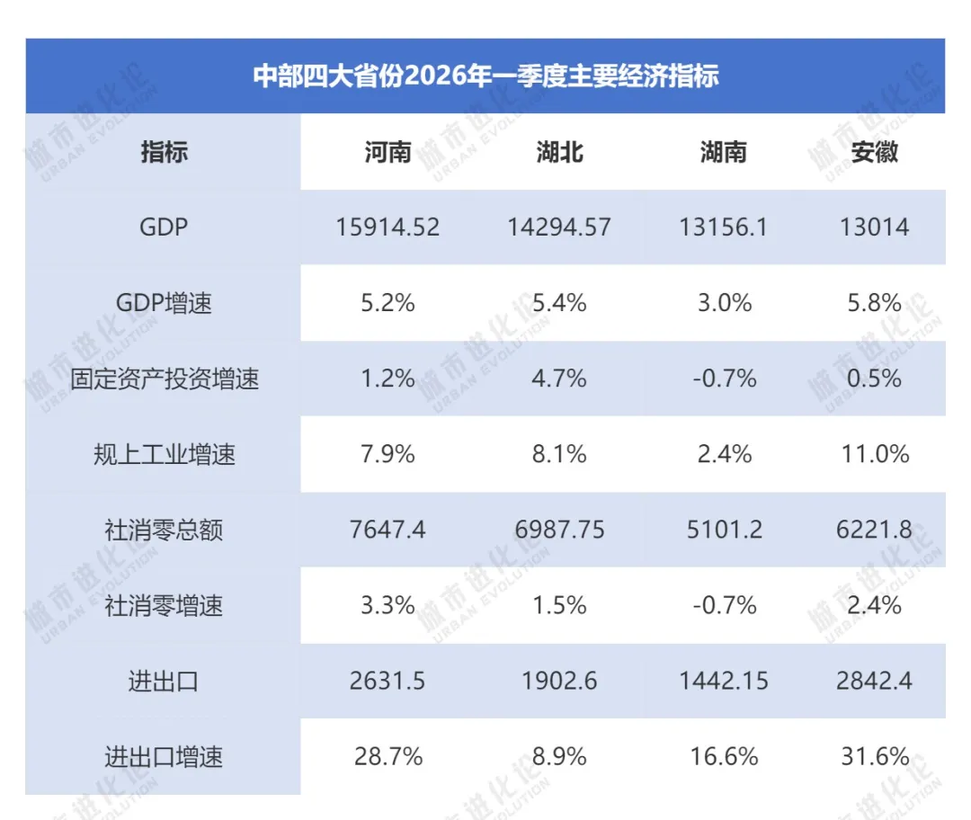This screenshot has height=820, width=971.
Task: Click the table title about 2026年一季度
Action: (x=485, y=76)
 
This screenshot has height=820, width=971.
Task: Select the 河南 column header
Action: (x=388, y=152)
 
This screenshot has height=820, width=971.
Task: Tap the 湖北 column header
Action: (x=559, y=152)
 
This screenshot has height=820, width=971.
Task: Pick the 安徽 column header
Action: (x=875, y=152)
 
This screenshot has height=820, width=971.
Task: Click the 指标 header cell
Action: (x=164, y=152)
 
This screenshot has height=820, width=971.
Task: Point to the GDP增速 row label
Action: (x=164, y=303)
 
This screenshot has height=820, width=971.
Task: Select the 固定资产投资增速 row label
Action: (x=164, y=379)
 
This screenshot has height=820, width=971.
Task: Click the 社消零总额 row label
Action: (x=164, y=530)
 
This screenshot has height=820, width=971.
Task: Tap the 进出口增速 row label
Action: (x=164, y=757)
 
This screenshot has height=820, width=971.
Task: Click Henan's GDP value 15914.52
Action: (x=388, y=227)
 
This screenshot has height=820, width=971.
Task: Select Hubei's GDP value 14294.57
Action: (x=559, y=227)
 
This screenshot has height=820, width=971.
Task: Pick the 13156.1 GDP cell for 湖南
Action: (x=723, y=227)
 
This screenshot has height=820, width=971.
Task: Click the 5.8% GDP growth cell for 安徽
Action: (x=875, y=303)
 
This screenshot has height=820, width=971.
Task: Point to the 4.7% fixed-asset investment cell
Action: (x=559, y=379)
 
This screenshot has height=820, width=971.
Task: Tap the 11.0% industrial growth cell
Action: (x=875, y=454)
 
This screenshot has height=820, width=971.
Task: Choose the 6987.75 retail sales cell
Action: (x=559, y=530)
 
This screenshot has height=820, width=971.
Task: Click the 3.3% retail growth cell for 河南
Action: (x=388, y=605)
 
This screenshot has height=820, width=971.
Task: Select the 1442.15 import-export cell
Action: (x=723, y=681)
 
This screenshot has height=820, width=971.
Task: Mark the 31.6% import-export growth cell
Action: (x=875, y=757)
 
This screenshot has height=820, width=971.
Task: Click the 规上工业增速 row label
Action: (x=164, y=454)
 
